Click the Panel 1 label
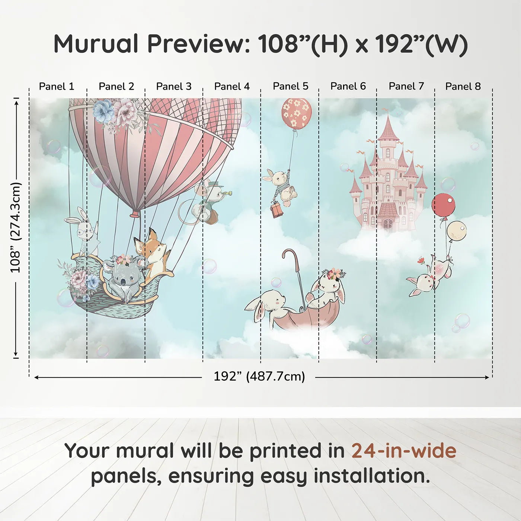tap(57, 86)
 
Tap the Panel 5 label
tap(290, 86)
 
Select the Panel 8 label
tap(463, 86)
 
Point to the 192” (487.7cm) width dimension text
tap(259, 376)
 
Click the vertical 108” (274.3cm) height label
tap(16, 227)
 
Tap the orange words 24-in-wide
tap(404, 451)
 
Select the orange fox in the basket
tap(153, 253)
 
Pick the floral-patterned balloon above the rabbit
tap(297, 112)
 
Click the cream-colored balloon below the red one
tap(456, 231)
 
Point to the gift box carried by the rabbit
tap(277, 210)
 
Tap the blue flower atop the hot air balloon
tap(103, 111)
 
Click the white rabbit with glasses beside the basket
tap(85, 231)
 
